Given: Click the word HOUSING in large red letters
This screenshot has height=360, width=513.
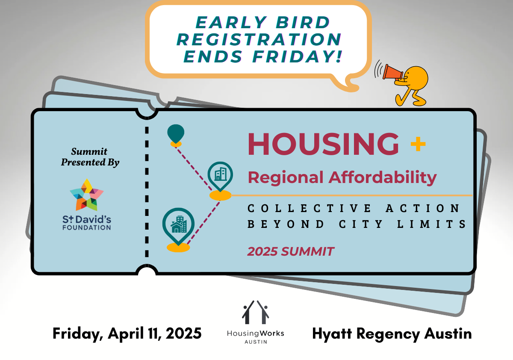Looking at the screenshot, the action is pos(323,144).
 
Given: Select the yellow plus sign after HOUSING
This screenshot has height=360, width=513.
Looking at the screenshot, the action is pos(418,144).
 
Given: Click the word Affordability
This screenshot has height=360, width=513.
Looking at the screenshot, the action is pos(383,178).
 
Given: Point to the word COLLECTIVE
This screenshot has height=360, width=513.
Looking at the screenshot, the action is pos(310,208).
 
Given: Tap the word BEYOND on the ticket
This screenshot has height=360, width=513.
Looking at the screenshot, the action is pos(286,224).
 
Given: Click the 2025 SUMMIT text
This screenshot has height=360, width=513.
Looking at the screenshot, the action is pos(291,251).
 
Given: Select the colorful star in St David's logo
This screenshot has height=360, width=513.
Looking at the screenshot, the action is pos(87,195).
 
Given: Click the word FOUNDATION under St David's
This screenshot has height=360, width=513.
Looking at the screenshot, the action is pos(87,227).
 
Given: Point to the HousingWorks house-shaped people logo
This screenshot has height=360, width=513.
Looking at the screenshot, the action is pos(255,312).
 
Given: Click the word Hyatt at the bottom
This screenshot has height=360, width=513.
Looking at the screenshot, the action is pos(332,334).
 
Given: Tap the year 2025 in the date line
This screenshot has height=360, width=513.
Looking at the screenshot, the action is pos(183,333).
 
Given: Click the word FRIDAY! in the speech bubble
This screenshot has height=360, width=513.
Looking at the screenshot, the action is pos(297,56).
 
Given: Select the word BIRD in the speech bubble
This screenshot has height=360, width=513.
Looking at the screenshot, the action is pos(303,22).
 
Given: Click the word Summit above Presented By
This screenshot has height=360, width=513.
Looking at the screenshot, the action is pos(89,152).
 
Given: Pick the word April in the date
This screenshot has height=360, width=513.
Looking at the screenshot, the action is pos(126,334).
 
